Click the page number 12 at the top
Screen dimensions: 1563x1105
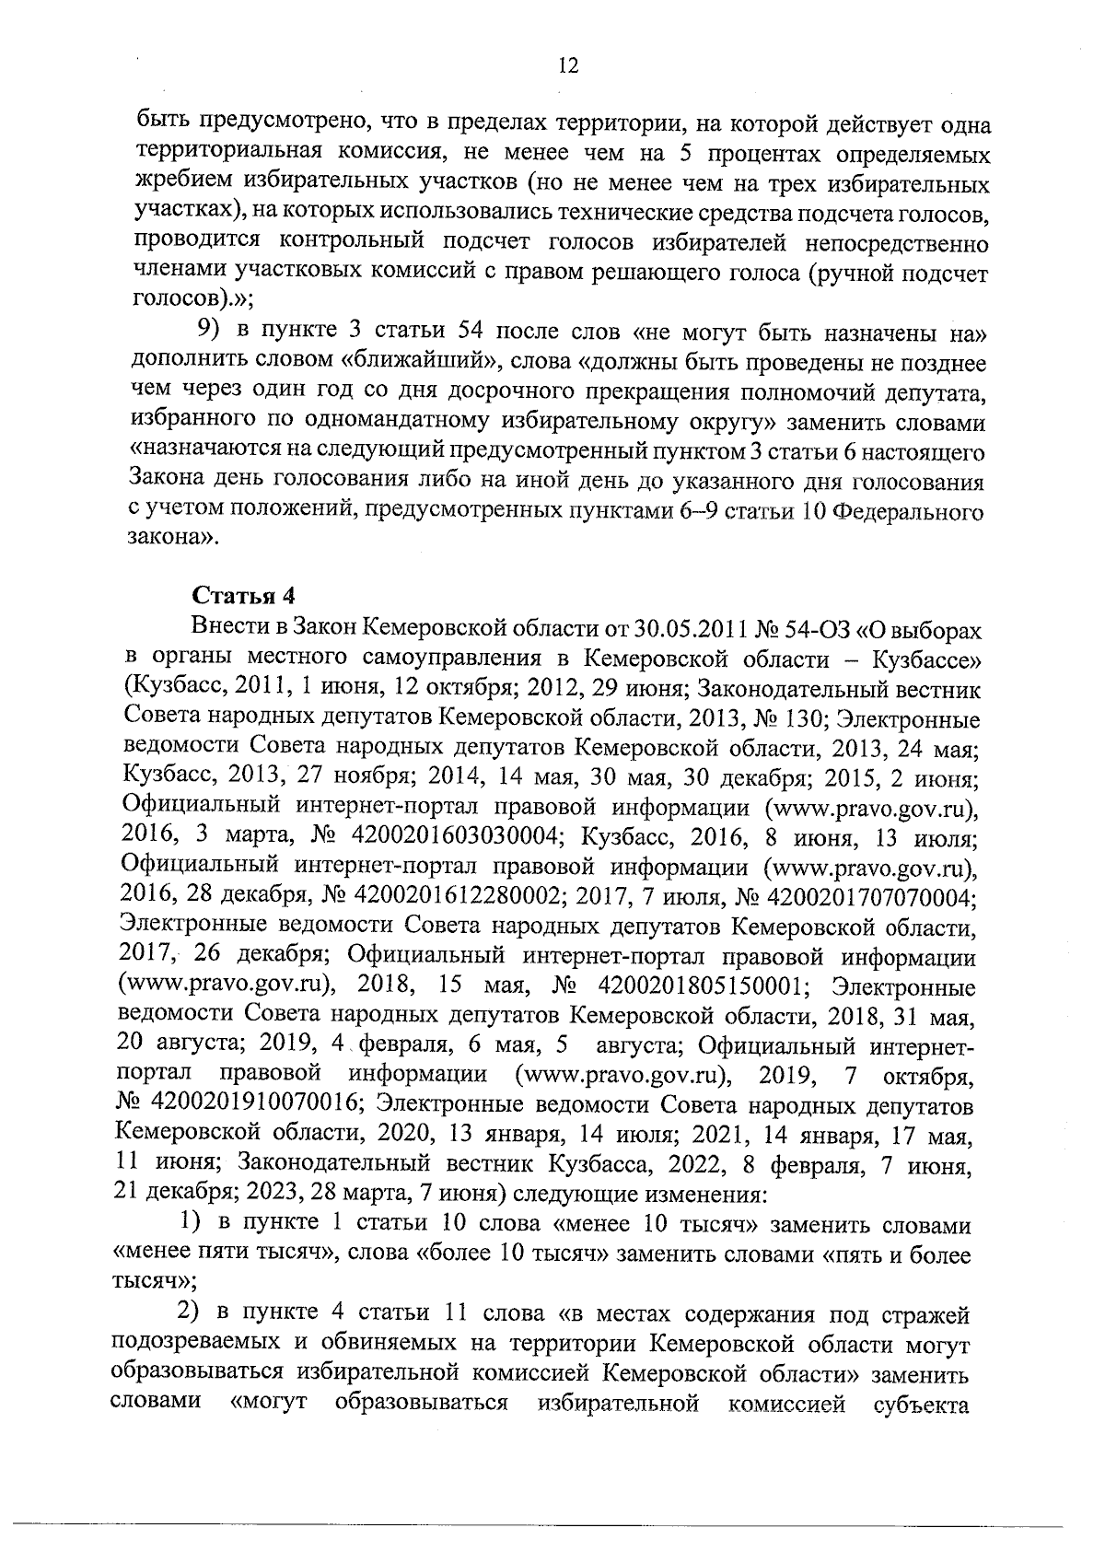click(x=567, y=64)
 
